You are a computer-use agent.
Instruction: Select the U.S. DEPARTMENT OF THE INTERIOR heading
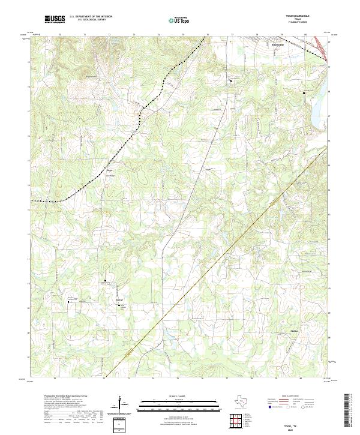tap(91, 17)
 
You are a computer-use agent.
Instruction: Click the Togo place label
tap(110, 170)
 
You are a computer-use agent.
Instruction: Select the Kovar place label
tap(119, 296)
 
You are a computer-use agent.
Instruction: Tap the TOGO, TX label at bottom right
tap(298, 424)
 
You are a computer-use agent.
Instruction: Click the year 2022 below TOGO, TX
tap(298, 428)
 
